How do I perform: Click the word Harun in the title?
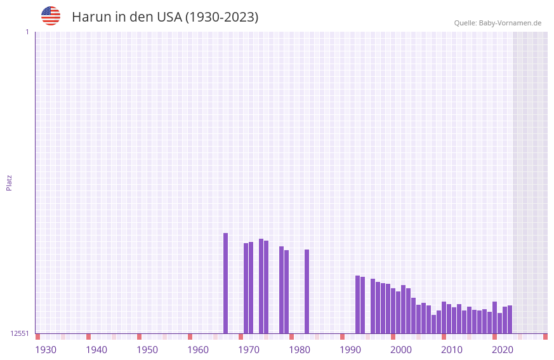(x=91, y=17)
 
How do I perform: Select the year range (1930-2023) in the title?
(x=221, y=17)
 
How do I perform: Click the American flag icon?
(x=51, y=16)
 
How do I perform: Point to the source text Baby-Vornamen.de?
(x=510, y=23)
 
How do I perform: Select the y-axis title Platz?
(x=9, y=182)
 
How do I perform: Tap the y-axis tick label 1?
(x=27, y=32)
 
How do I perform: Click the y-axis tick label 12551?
(x=20, y=333)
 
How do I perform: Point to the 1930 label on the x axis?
(x=46, y=350)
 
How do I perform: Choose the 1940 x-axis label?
(x=96, y=350)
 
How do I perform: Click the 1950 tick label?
(x=147, y=350)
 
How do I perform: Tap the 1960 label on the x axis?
(x=198, y=350)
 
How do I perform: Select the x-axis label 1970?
(x=249, y=350)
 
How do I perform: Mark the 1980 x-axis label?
(x=300, y=350)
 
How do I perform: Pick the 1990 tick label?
(x=350, y=350)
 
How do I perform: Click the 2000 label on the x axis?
(x=401, y=350)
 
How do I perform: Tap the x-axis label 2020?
(x=503, y=350)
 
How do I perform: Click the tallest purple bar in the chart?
(x=225, y=283)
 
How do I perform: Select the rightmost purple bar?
(x=510, y=319)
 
